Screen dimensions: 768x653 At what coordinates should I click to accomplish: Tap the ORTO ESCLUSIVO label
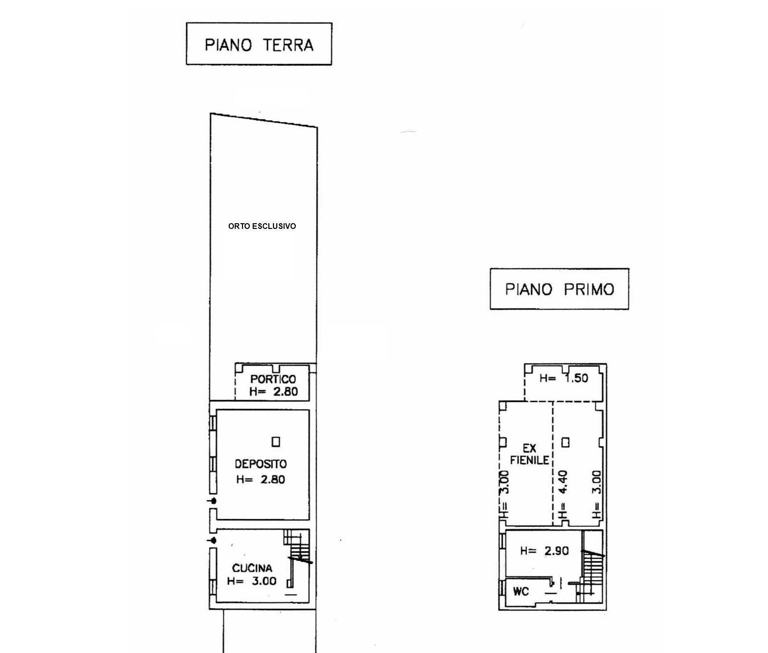(x=262, y=226)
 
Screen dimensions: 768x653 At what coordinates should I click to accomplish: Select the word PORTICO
(x=273, y=379)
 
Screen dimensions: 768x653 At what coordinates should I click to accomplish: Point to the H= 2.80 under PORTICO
(x=273, y=391)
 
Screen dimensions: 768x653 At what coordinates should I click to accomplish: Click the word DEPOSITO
(x=261, y=464)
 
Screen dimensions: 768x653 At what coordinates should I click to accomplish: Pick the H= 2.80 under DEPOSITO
(x=261, y=479)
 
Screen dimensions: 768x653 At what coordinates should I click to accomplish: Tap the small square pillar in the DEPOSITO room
(x=276, y=442)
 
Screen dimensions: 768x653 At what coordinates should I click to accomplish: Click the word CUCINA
(x=252, y=568)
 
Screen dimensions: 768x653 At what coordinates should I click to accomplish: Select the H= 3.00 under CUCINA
(x=252, y=581)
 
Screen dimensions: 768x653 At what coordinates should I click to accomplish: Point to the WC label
(x=521, y=592)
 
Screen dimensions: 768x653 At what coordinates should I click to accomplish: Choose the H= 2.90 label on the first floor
(x=544, y=551)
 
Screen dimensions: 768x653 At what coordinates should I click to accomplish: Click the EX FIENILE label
(x=530, y=454)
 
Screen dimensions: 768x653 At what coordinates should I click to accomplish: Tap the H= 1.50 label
(x=564, y=378)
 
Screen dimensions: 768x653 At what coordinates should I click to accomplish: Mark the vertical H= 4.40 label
(x=563, y=494)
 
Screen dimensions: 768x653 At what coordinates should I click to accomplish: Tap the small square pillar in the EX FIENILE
(x=565, y=443)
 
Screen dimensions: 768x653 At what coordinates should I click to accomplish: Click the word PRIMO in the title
(x=589, y=289)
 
